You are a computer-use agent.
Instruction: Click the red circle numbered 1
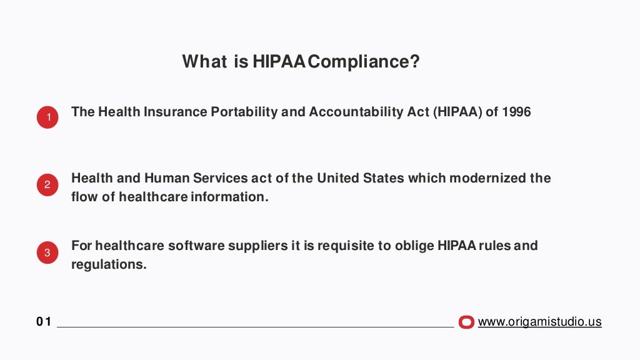click(x=47, y=117)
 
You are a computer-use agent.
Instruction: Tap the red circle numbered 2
click(x=47, y=185)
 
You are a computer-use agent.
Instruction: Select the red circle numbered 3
click(x=47, y=253)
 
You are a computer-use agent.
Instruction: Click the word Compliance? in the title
click(x=364, y=62)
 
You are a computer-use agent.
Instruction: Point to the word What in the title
click(x=204, y=62)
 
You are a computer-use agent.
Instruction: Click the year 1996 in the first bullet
click(x=516, y=112)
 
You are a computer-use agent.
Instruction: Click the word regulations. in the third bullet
click(x=109, y=264)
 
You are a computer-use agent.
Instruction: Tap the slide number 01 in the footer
click(x=43, y=322)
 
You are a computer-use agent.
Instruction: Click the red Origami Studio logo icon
click(x=466, y=322)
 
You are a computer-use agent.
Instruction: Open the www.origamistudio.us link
click(x=539, y=322)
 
